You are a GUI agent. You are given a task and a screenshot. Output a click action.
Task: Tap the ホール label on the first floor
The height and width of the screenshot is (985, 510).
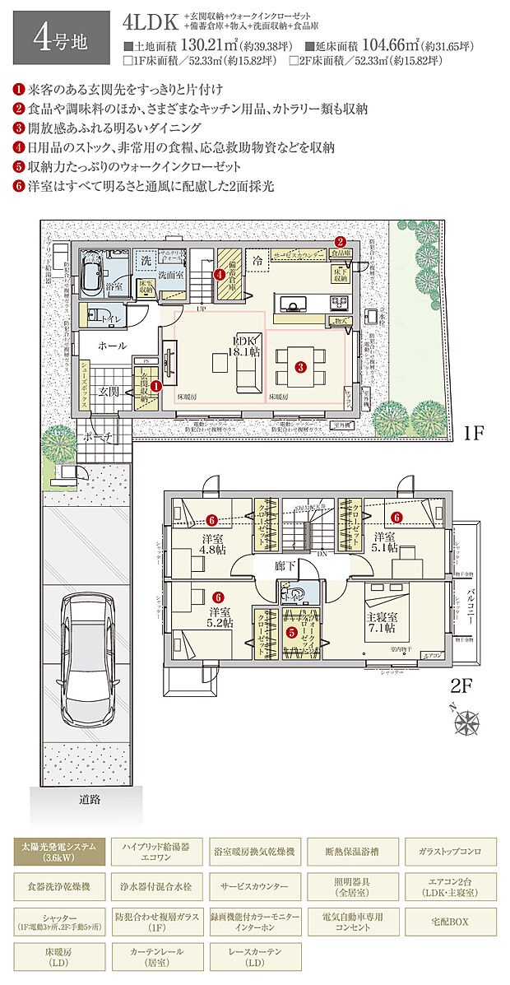112,346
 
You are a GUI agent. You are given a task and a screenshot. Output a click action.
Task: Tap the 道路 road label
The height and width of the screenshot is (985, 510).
90,799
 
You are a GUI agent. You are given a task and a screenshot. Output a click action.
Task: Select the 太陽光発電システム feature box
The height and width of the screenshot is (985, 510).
60,850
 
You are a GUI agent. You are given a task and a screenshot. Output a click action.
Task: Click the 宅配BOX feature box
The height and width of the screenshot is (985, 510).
448,922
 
